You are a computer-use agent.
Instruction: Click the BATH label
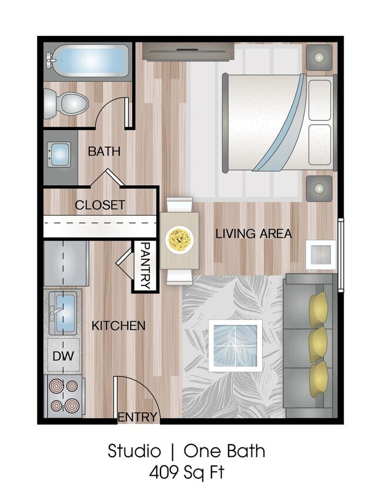(104, 151)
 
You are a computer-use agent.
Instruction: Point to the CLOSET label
(100, 205)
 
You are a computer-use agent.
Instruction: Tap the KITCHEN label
(118, 325)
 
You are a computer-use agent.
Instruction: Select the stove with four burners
(63, 395)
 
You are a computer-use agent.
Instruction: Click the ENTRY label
(138, 417)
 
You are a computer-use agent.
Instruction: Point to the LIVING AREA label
(253, 233)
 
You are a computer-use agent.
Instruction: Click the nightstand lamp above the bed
(319, 57)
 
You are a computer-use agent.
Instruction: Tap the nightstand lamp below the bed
(319, 189)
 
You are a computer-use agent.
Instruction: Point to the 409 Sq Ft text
(186, 471)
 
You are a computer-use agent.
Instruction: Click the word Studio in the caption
(134, 451)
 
